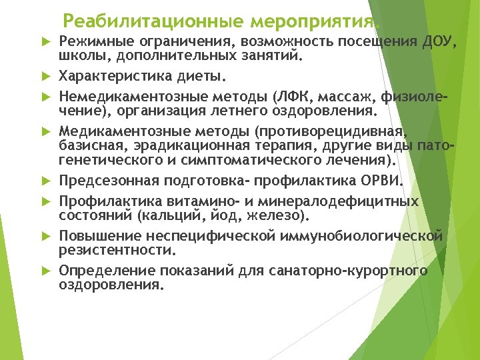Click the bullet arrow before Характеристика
[47, 73]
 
